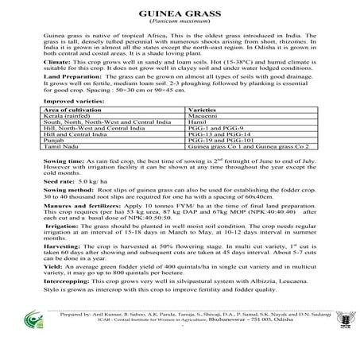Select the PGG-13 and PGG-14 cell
(225, 157)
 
